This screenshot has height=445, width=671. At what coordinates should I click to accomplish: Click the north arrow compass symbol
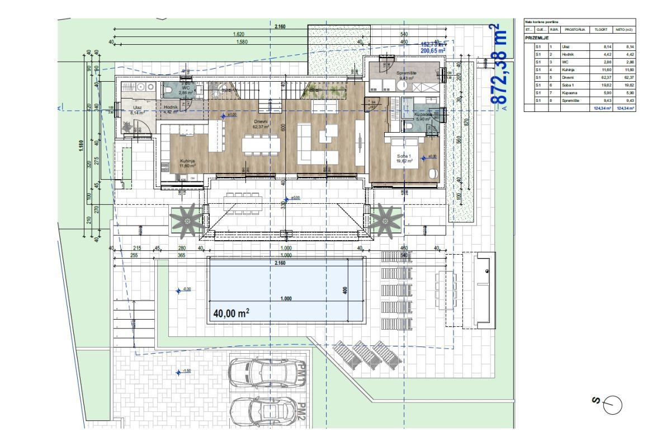point(613,404)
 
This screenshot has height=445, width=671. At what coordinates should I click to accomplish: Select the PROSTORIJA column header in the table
point(575,29)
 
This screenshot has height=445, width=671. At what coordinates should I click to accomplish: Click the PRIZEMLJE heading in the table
point(537,38)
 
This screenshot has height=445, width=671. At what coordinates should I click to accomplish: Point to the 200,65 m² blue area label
point(433,50)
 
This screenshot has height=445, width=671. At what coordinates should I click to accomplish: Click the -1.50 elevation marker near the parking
point(186,371)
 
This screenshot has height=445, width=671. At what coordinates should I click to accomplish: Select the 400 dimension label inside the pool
point(346,290)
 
